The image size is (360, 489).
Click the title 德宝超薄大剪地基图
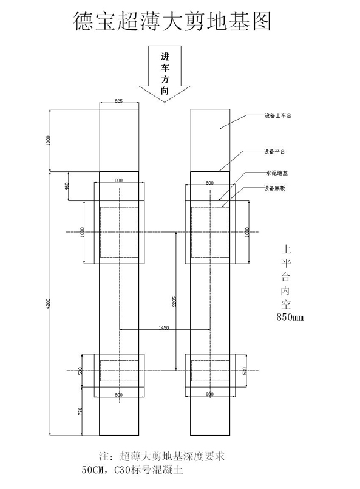pyautogui.click(x=171, y=21)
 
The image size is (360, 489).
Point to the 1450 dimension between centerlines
pyautogui.click(x=164, y=328)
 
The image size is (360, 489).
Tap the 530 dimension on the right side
pyautogui.click(x=245, y=370)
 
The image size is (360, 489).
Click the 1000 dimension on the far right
pyautogui.click(x=247, y=232)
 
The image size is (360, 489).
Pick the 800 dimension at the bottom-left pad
pyautogui.click(x=118, y=395)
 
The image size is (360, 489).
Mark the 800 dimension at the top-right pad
pyautogui.click(x=209, y=182)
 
